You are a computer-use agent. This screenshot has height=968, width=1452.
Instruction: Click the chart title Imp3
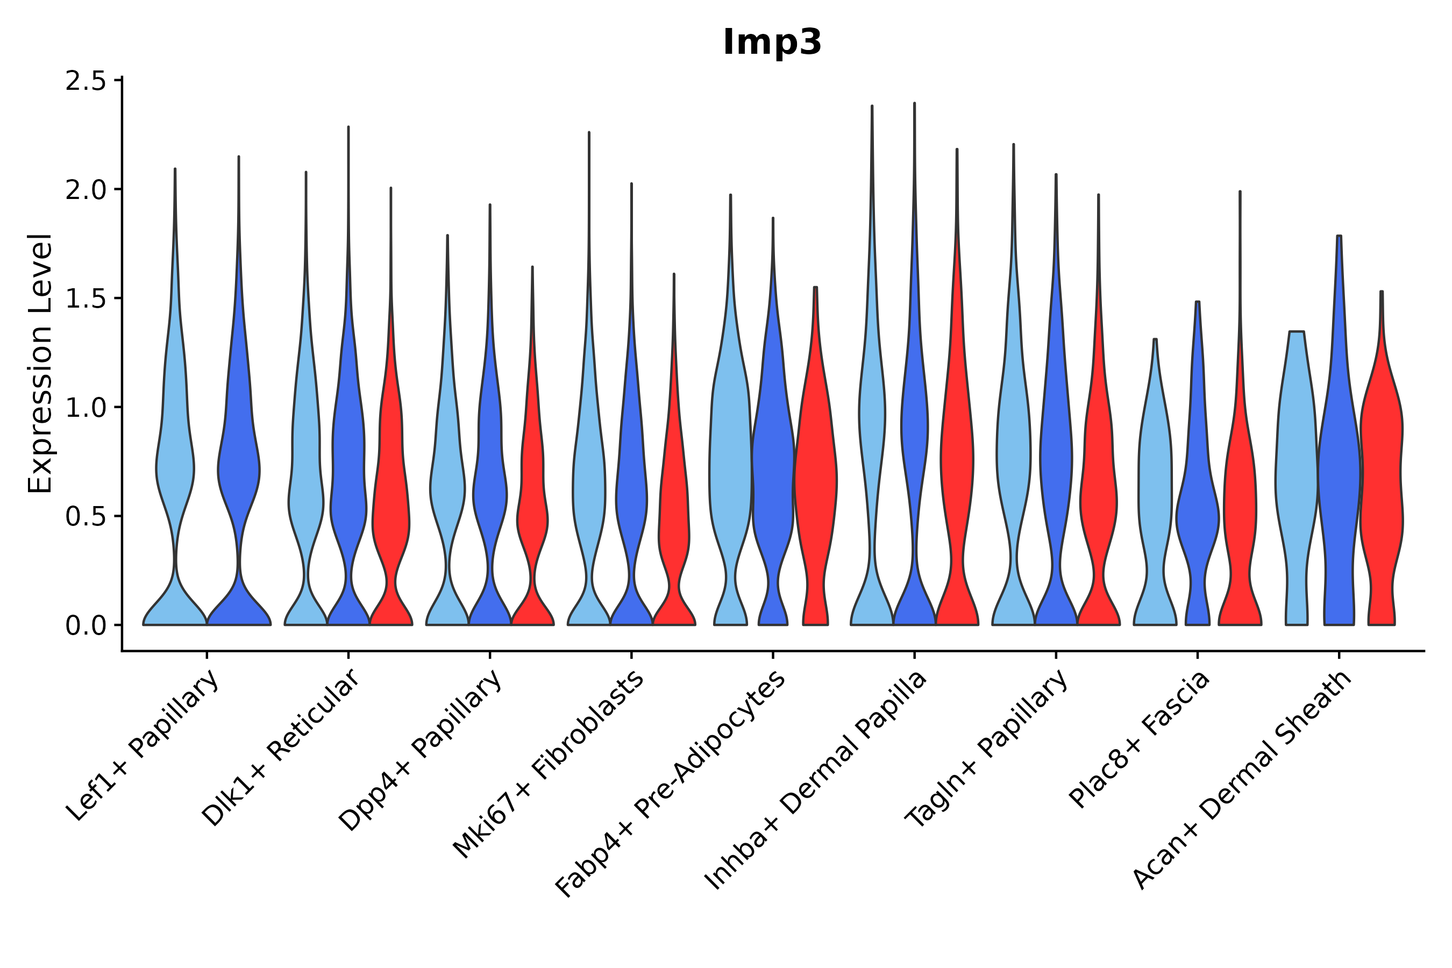pos(772,42)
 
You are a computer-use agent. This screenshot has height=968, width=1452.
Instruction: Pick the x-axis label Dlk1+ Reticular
pos(281,748)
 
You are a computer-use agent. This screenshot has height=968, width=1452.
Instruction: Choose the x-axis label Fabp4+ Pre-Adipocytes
pos(671,784)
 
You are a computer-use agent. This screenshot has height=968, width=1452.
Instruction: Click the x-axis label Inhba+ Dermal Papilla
pos(816,781)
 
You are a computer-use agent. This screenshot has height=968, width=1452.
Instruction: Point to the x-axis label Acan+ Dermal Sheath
pos(1243,780)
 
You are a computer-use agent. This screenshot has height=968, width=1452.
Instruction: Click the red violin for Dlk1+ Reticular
pos(391,494)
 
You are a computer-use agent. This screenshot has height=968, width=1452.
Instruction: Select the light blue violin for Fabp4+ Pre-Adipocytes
pos(730,469)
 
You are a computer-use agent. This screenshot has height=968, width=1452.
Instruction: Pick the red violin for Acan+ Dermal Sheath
pos(1382,469)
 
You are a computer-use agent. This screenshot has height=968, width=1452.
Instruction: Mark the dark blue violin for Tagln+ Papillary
pos(1056,469)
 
